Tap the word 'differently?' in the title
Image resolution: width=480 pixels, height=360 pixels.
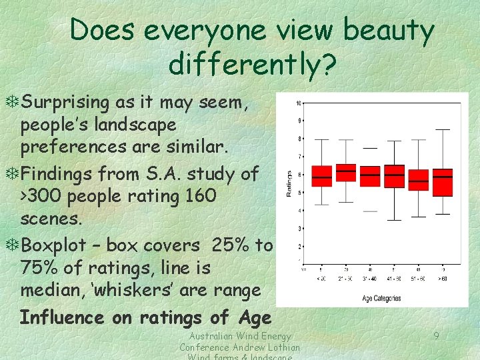[x=253, y=64]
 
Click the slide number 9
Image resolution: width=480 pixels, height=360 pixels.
[x=436, y=336]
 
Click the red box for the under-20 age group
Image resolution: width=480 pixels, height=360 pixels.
[x=322, y=176]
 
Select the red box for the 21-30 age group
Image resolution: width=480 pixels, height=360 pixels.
[x=346, y=173]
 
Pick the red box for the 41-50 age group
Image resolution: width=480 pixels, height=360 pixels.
[x=394, y=176]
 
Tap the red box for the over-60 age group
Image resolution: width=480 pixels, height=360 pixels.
[x=443, y=182]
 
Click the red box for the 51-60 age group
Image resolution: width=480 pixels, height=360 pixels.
[x=419, y=180]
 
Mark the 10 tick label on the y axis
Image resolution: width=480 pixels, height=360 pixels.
[x=299, y=103]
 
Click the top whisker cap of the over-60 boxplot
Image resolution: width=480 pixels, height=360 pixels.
[x=443, y=139]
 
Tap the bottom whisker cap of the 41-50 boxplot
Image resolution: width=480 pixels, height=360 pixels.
[x=394, y=220]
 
